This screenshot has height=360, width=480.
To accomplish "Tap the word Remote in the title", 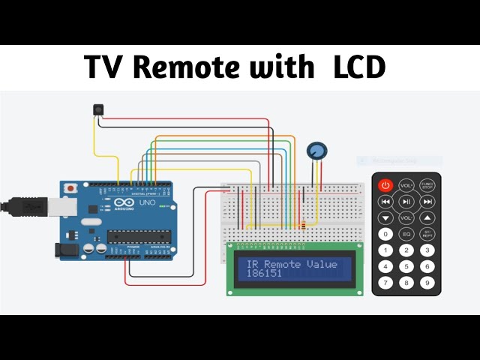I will (196, 68).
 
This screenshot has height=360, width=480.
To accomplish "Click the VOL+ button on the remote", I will (406, 184).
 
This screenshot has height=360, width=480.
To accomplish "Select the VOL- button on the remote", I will (406, 217).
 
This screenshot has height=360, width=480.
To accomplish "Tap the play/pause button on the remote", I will (406, 201).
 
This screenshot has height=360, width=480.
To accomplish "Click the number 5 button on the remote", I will (406, 266).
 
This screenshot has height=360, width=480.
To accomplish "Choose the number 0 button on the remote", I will (385, 234).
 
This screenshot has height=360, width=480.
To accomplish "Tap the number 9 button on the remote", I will (427, 283).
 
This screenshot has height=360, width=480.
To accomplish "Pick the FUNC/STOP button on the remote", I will (427, 184).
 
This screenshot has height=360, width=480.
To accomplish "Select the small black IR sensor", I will (97, 110).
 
